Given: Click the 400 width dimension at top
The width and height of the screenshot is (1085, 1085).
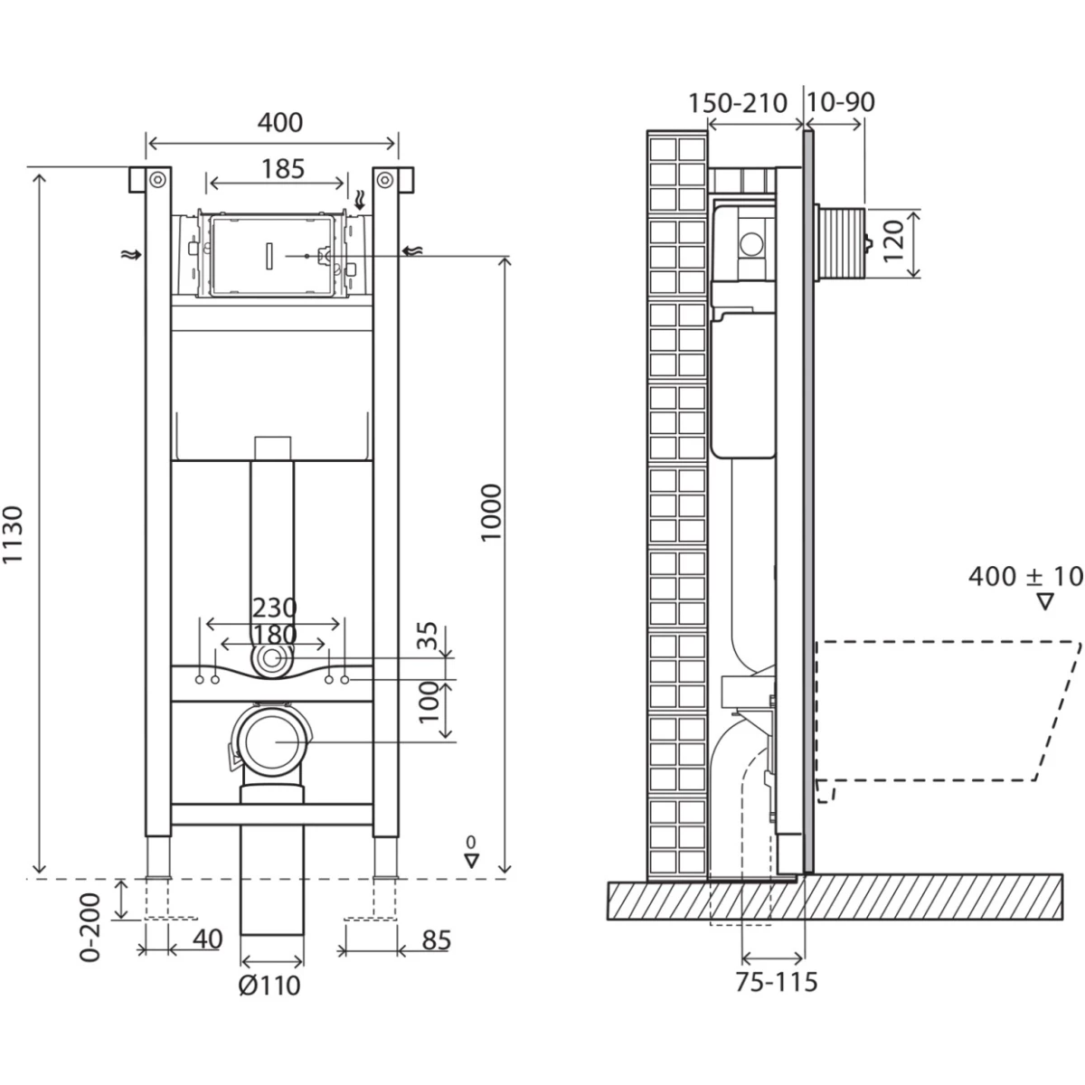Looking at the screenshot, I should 280,121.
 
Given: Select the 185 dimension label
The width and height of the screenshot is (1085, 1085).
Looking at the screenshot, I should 283,169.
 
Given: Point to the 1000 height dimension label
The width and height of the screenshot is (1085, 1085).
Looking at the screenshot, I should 492,513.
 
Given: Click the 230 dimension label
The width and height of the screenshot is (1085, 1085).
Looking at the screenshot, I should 274,608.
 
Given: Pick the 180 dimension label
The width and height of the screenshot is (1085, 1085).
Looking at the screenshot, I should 274,634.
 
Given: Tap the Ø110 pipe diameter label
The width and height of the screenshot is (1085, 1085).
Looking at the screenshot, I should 269,985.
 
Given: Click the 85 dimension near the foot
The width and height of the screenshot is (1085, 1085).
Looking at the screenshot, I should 436,941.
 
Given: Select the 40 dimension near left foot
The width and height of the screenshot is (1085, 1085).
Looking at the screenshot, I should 206,940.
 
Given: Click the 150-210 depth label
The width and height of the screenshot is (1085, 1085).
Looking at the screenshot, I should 738,102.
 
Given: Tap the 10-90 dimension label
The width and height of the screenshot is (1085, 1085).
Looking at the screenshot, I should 841,102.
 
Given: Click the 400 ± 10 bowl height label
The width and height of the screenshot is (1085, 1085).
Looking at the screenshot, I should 1024,577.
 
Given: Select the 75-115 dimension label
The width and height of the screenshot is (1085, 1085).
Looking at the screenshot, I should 776,981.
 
